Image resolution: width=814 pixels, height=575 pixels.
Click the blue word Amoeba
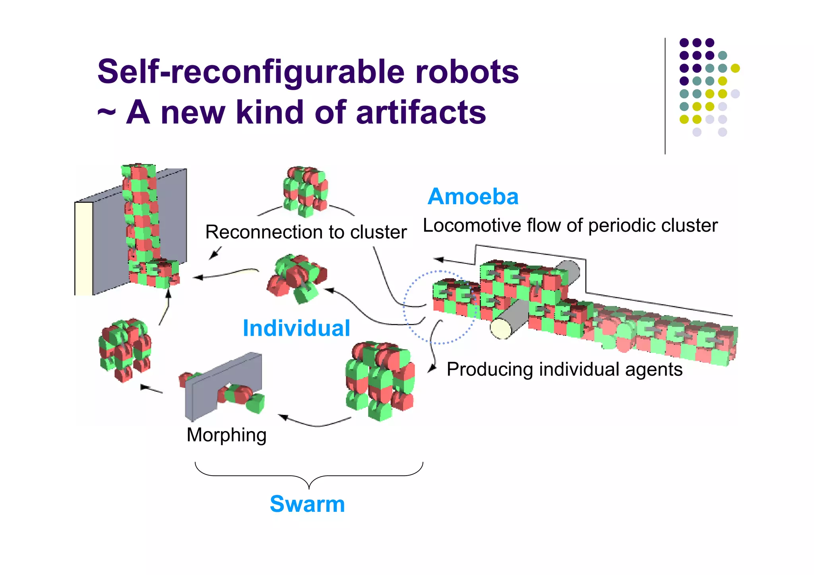click(473, 197)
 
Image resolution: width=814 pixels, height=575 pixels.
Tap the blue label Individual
click(296, 328)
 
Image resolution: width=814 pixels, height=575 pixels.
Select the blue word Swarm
click(307, 504)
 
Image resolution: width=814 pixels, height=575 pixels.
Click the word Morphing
click(227, 435)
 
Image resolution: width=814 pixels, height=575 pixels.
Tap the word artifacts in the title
click(421, 112)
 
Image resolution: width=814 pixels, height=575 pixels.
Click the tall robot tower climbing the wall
click(141, 215)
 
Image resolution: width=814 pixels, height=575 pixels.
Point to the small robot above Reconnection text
click(305, 191)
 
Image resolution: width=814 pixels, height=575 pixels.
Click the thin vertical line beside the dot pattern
click(665, 95)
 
